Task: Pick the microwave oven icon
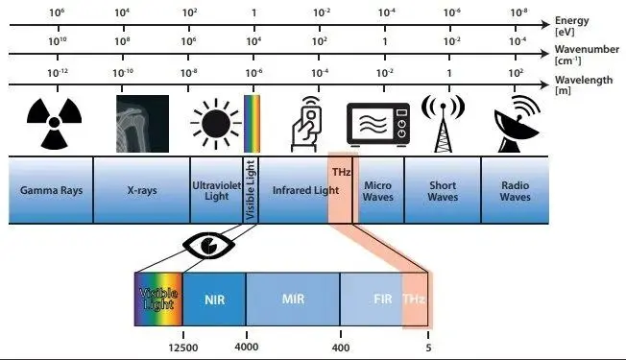click(x=377, y=125)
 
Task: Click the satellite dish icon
click(x=515, y=125)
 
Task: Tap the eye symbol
click(x=203, y=245)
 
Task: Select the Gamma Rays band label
click(x=51, y=190)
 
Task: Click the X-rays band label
click(x=141, y=190)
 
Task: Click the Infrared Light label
click(x=299, y=190)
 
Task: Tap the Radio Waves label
click(x=515, y=190)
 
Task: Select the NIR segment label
click(x=214, y=298)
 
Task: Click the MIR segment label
click(x=293, y=298)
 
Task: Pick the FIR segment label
click(x=382, y=298)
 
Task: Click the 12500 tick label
click(x=181, y=347)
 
